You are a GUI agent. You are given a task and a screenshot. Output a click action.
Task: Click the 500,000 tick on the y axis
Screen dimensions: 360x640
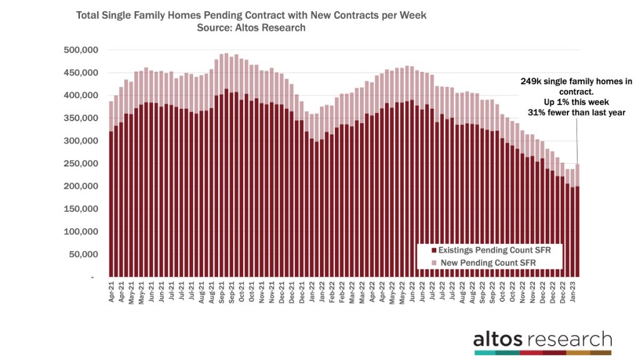coord(80,50)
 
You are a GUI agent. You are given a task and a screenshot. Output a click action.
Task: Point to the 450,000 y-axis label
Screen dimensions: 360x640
coord(80,72)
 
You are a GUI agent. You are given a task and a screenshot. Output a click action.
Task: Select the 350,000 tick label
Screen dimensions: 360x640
coord(80,118)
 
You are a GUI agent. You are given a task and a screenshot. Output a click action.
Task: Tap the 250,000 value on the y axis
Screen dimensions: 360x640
coord(80,164)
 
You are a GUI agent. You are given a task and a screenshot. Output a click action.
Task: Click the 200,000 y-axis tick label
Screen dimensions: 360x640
coord(80,186)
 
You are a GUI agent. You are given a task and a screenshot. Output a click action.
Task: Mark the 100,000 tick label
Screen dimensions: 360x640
coord(80,232)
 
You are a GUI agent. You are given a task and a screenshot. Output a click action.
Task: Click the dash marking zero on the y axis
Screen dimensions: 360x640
coord(92,277)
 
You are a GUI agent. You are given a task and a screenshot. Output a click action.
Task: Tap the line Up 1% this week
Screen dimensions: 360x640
coord(564,101)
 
